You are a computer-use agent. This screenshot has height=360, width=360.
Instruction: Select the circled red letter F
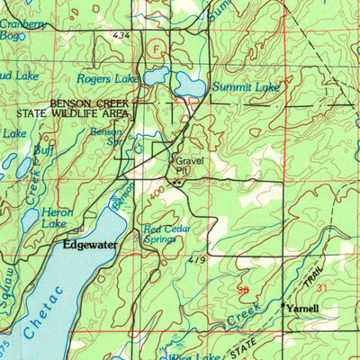pos(158,49)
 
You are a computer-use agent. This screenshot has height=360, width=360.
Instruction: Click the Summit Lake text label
pos(241,87)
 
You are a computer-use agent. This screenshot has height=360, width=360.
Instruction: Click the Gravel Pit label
pos(184,166)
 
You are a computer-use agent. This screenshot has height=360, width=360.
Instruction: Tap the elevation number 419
pos(197,260)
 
